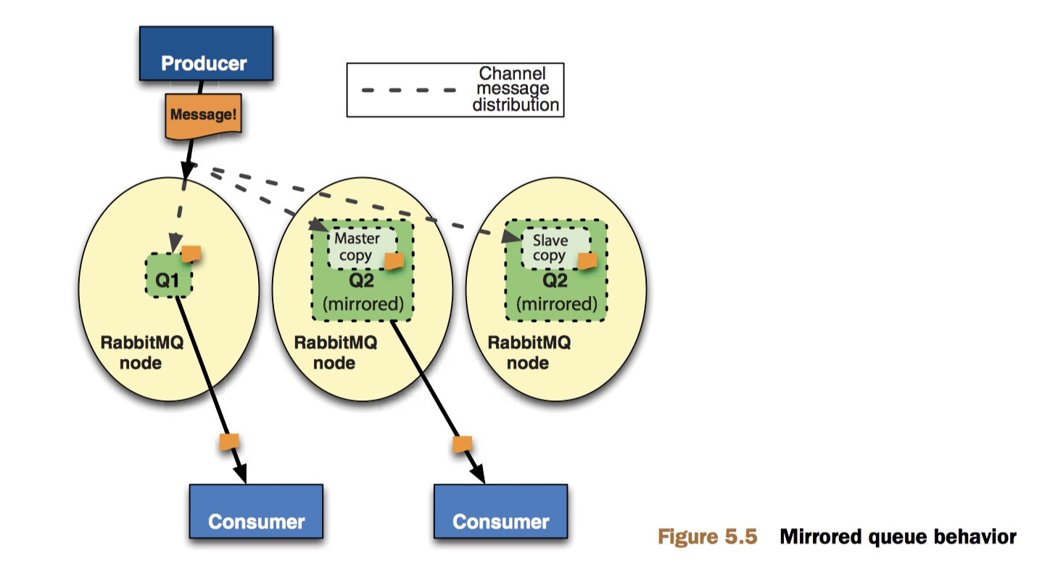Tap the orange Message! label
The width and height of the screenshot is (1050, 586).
pyautogui.click(x=204, y=114)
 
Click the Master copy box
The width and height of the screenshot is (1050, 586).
pyautogui.click(x=358, y=247)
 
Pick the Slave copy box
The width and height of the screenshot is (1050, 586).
pyautogui.click(x=550, y=247)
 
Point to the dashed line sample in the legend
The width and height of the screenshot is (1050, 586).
pyautogui.click(x=409, y=90)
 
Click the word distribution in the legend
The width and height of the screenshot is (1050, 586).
pyautogui.click(x=516, y=104)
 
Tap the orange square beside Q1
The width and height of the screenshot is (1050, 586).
pyautogui.click(x=191, y=253)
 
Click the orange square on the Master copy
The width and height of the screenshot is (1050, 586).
pyautogui.click(x=394, y=260)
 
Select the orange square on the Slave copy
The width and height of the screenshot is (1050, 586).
pyautogui.click(x=587, y=260)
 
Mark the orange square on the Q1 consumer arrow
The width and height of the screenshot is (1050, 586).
pyautogui.click(x=229, y=442)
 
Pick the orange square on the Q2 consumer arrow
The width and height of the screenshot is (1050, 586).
pyautogui.click(x=463, y=443)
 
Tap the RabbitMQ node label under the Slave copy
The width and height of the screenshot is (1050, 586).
pyautogui.click(x=529, y=352)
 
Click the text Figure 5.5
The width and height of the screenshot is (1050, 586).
pyautogui.click(x=707, y=537)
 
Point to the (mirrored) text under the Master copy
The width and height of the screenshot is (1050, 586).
pyautogui.click(x=363, y=304)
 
